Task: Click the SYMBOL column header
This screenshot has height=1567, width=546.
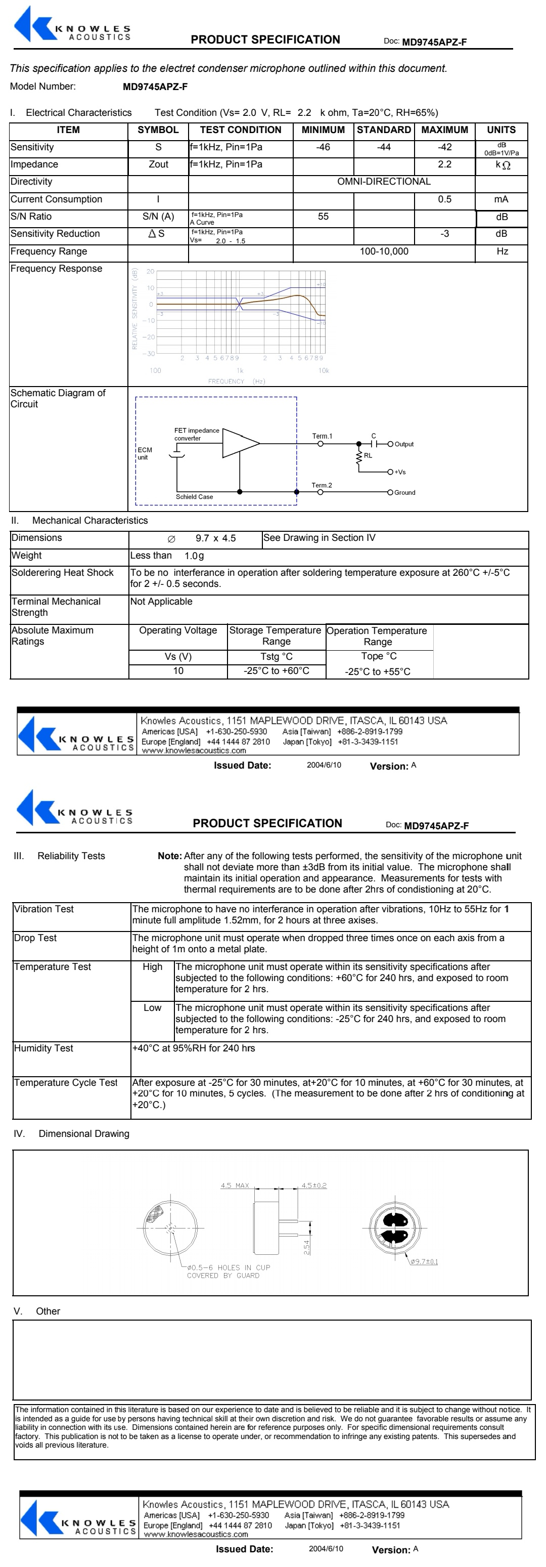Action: [x=158, y=130]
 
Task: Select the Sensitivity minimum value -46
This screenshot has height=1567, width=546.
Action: [x=323, y=147]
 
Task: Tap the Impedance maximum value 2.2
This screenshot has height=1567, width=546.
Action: [x=444, y=164]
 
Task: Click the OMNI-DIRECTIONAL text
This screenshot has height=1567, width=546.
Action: [x=384, y=181]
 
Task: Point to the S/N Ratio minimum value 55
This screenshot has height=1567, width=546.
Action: [x=323, y=217]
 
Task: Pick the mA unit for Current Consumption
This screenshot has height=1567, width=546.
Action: [x=501, y=199]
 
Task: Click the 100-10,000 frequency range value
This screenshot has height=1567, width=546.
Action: [x=384, y=251]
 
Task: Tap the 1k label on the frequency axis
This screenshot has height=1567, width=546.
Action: [x=240, y=370]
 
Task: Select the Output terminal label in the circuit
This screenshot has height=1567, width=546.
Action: [x=404, y=444]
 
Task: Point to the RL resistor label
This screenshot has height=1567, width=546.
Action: [x=368, y=455]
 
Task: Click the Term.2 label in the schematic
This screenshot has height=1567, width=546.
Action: [x=322, y=485]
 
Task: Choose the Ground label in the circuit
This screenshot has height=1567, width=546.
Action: [x=404, y=493]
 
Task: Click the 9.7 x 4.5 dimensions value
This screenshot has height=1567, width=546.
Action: [x=215, y=538]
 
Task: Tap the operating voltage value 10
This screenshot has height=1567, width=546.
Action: [x=178, y=671]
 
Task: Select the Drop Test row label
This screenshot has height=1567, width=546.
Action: [x=35, y=938]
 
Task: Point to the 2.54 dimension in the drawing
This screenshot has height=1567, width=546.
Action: [x=307, y=1247]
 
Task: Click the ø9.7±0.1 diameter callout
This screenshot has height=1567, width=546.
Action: [x=424, y=1261]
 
